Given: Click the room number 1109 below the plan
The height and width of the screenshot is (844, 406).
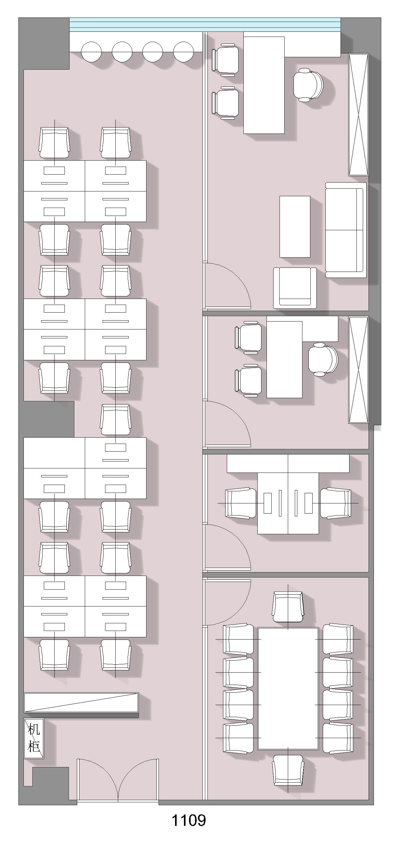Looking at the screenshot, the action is click(189, 820).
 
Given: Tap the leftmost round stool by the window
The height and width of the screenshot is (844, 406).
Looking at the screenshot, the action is click(91, 52).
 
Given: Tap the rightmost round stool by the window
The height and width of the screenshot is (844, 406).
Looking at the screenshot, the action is click(183, 52).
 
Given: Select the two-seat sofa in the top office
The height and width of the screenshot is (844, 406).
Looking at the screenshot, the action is click(346, 230).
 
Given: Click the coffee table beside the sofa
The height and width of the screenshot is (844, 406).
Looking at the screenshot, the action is click(295, 227).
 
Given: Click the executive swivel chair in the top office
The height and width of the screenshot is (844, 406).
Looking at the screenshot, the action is click(308, 85).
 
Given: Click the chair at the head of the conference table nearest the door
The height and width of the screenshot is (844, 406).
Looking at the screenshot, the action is click(288, 606).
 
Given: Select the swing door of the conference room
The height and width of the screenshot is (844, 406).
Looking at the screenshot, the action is click(227, 603).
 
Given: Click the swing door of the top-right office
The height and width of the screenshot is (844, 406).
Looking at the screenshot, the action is click(227, 286).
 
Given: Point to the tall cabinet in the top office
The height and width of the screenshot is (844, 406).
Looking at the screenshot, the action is click(359, 115).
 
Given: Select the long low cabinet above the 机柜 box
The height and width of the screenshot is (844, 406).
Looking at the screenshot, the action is click(81, 702).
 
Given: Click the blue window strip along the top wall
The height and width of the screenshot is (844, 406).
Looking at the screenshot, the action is click(205, 24).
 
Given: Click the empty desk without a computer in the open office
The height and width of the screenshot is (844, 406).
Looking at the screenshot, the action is click(54, 453).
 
